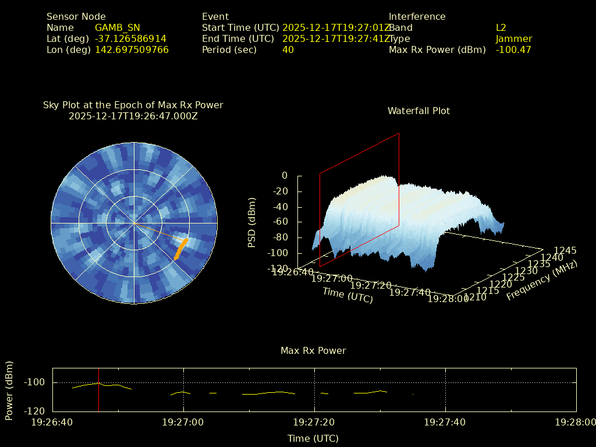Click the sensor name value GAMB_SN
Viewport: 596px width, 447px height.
point(117,27)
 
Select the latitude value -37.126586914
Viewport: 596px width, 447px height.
point(130,38)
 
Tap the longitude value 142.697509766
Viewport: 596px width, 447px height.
point(132,49)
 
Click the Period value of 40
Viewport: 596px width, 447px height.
point(288,49)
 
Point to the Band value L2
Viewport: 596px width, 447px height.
point(501,27)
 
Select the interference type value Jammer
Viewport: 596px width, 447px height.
point(513,38)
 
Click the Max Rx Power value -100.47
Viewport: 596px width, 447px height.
point(513,49)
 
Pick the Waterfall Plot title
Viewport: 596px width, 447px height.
point(418,111)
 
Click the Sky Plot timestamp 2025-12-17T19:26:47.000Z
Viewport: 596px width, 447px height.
point(133,116)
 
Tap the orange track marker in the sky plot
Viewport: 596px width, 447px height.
point(181,249)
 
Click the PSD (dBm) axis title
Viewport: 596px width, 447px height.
point(252,222)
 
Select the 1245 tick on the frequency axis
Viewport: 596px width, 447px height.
point(565,250)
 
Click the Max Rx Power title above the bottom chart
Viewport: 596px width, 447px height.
point(313,350)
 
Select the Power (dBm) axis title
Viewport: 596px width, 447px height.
point(9,390)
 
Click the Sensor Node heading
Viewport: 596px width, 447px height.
point(76,16)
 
